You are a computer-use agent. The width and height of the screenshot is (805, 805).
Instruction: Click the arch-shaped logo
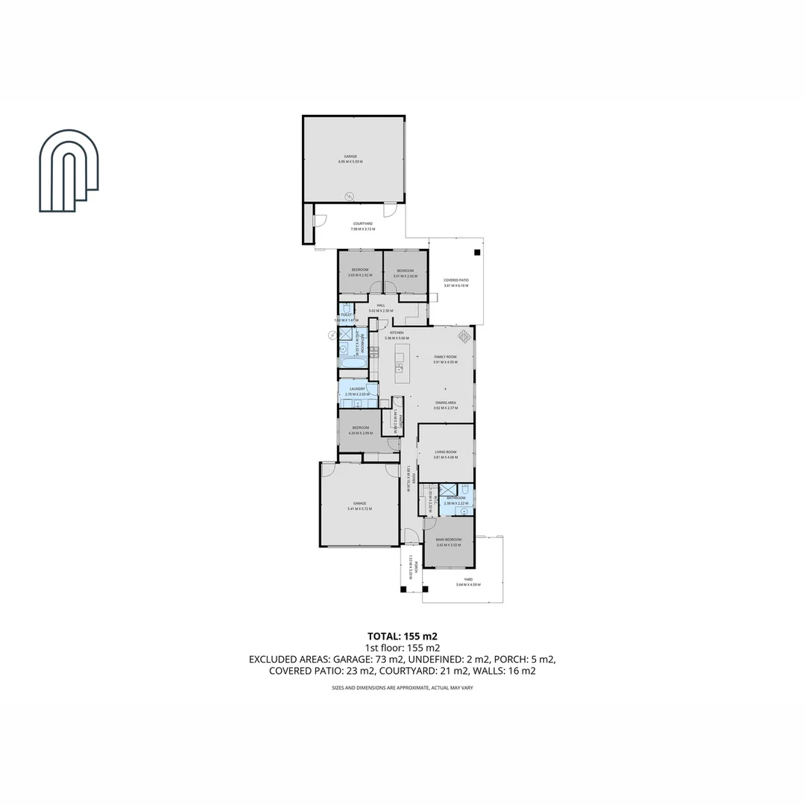69,171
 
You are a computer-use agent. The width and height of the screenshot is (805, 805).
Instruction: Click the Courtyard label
363,223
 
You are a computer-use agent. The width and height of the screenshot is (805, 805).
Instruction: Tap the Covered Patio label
456,280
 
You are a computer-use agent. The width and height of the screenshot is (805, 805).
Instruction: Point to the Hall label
380,306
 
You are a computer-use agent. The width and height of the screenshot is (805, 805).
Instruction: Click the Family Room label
446,358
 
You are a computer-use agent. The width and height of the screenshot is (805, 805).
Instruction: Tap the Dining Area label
446,403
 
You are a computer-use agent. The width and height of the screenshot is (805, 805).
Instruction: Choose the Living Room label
446,452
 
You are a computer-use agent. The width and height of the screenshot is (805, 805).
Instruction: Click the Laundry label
357,389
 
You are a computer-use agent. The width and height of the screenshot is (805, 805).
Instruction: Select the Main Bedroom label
449,539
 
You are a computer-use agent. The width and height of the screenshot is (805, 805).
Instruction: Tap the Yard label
468,579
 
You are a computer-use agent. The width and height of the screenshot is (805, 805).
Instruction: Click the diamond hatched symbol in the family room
464,336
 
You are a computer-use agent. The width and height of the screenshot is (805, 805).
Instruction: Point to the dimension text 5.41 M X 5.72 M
359,509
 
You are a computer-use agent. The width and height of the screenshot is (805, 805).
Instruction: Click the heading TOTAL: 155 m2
402,637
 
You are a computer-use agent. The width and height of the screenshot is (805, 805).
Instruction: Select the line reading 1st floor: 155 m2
402,648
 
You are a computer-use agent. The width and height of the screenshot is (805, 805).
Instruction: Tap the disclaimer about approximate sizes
402,687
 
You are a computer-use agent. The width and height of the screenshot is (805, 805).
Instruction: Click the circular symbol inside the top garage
348,195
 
